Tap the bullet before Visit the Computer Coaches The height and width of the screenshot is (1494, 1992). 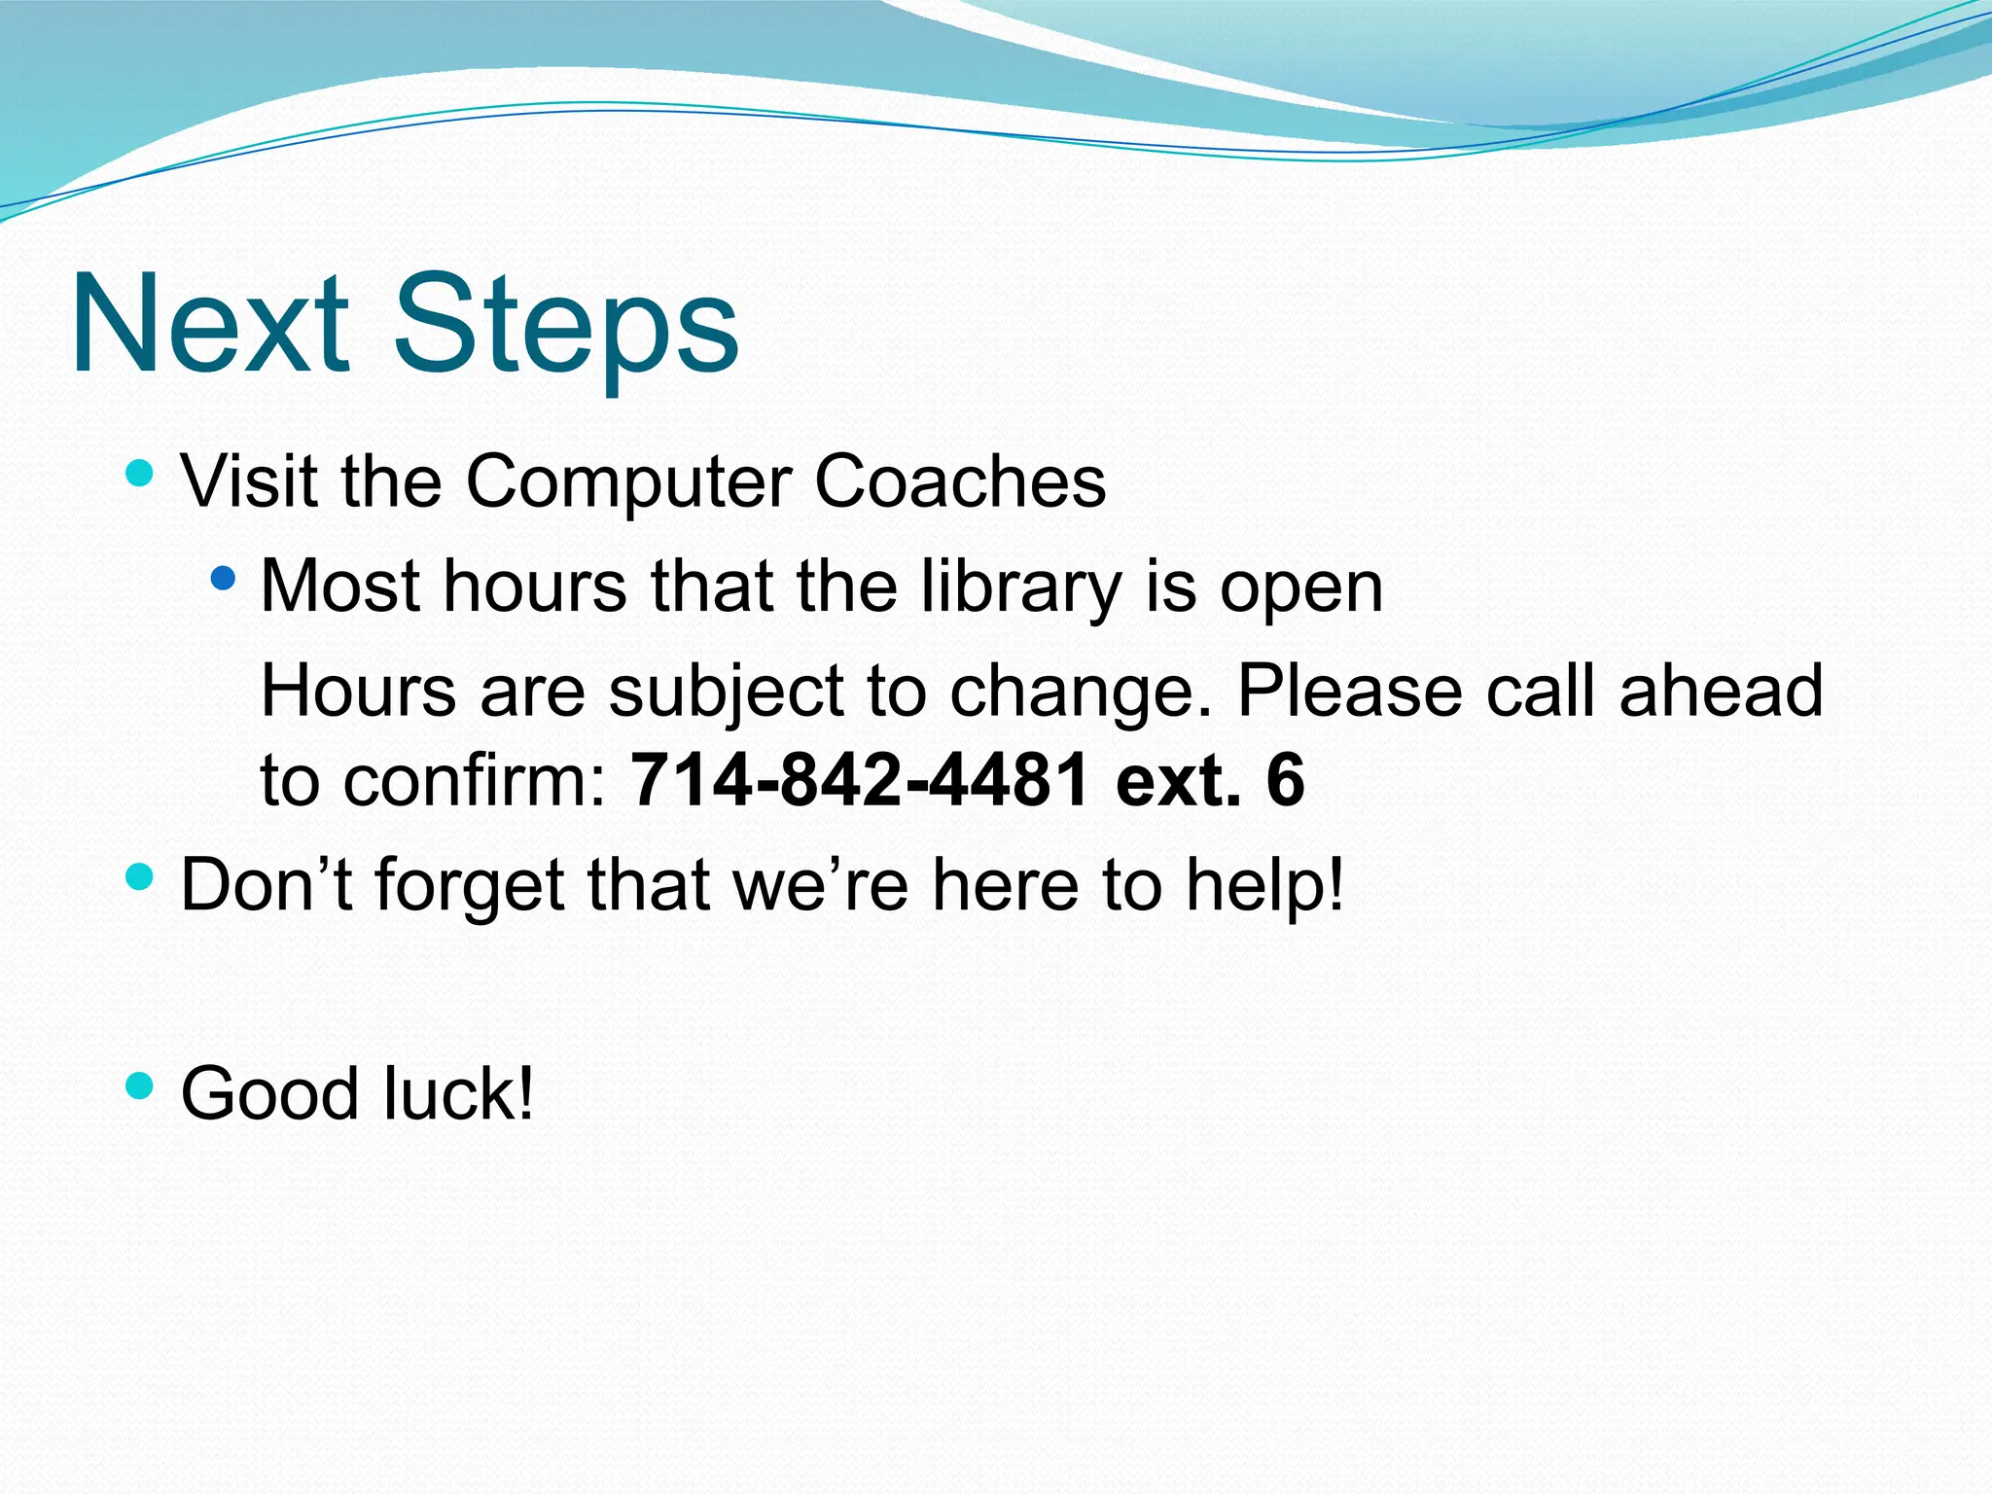tap(140, 474)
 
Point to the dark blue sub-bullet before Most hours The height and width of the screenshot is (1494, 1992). tap(223, 579)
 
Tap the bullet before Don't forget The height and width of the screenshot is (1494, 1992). tap(140, 876)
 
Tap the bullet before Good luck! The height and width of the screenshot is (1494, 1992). tap(140, 1085)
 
